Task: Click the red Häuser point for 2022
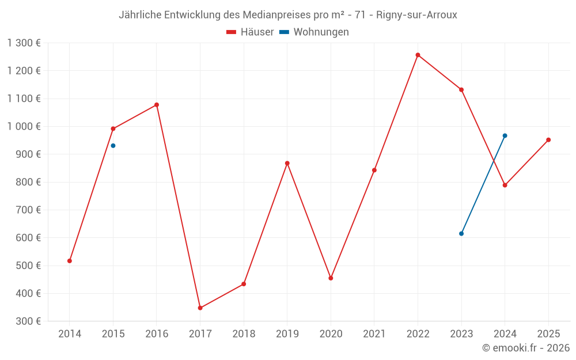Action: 418,55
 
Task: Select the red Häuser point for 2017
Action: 200,308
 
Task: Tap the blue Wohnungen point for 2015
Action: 113,146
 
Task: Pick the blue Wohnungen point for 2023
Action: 461,234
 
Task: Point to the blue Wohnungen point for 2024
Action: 505,136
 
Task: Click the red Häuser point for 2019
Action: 287,164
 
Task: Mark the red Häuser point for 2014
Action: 70,261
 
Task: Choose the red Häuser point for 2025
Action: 548,140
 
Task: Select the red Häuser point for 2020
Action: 331,278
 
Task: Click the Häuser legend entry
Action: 250,32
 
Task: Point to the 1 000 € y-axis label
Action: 24,127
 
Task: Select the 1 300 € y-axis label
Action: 24,43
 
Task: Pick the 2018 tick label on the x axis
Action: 244,334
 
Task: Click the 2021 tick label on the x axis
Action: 374,334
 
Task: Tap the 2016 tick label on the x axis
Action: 157,334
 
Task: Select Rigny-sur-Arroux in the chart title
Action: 416,15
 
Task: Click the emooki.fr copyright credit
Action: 526,348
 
